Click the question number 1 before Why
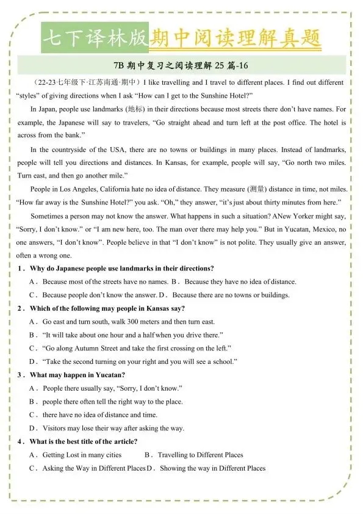21,269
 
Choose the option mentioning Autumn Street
137,349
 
